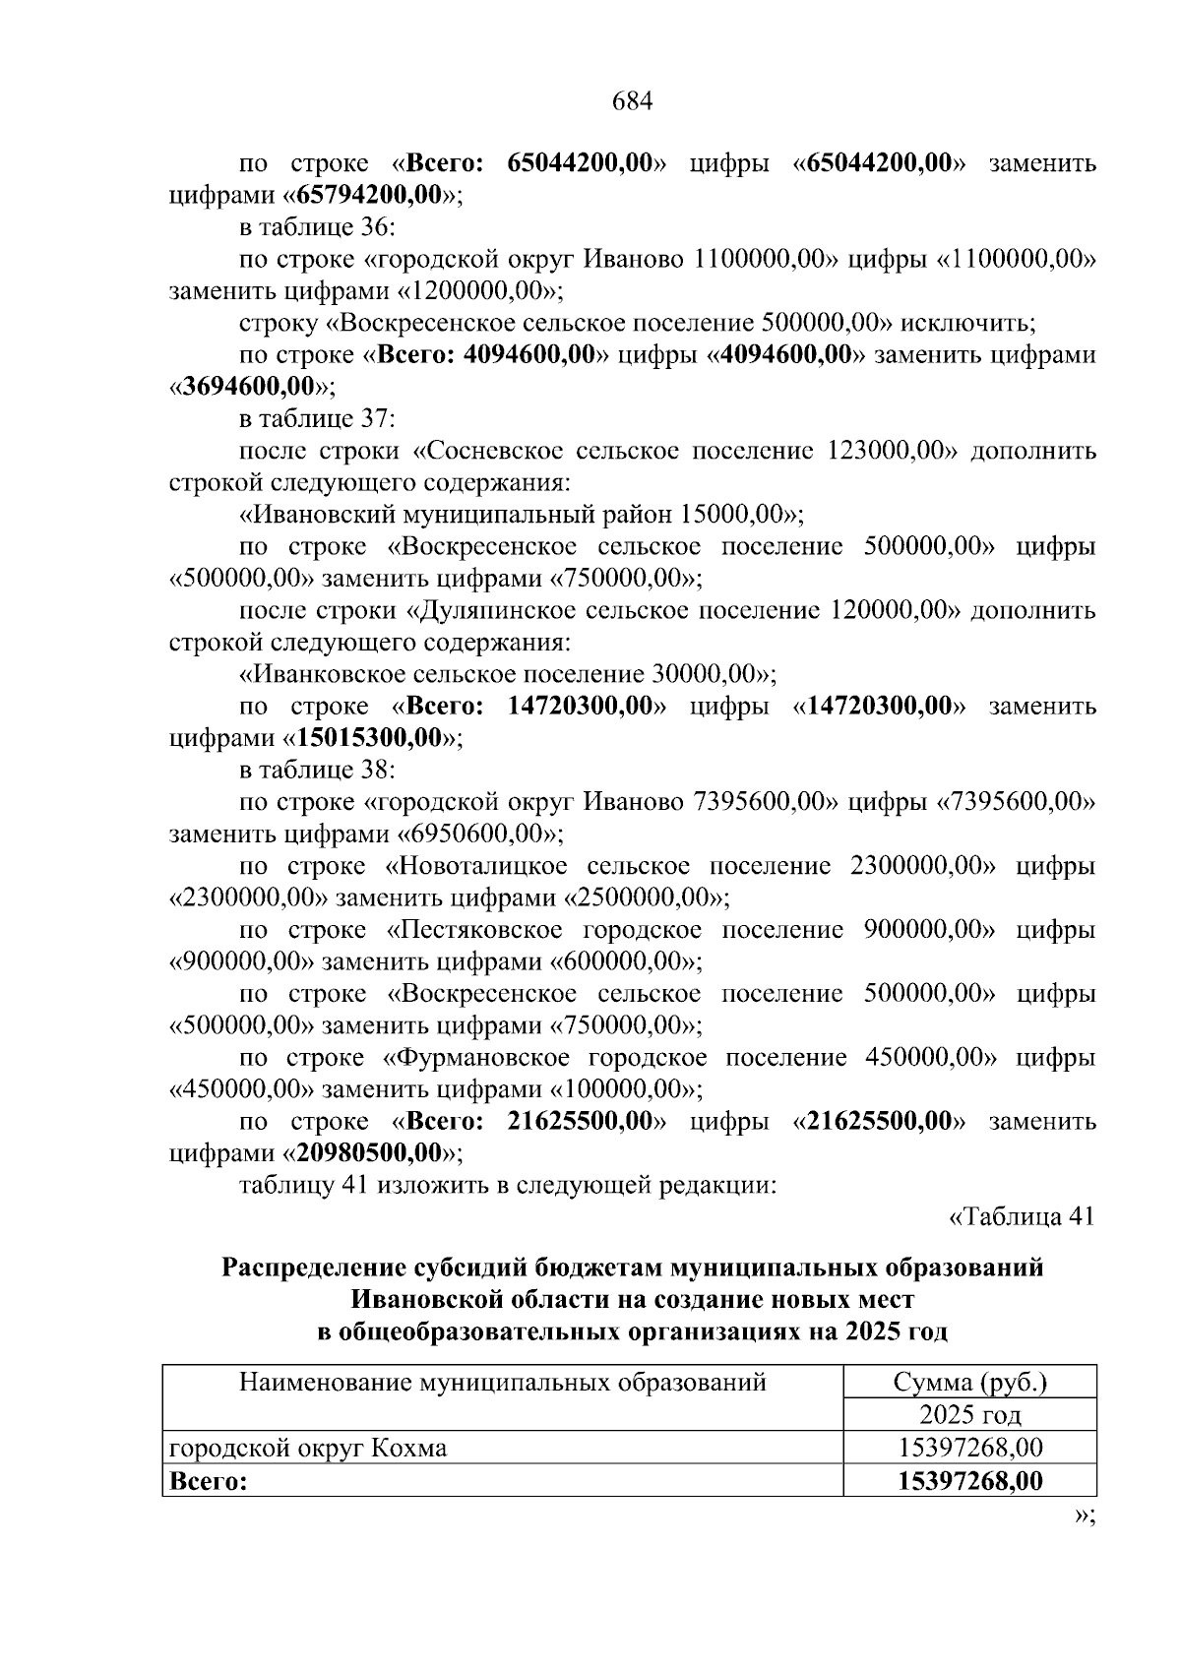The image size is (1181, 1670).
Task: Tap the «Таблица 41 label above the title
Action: click(1021, 1216)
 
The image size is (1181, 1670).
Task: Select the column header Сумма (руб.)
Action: click(969, 1383)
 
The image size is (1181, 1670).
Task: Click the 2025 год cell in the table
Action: click(969, 1415)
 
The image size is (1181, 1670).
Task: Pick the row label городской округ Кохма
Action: click(308, 1449)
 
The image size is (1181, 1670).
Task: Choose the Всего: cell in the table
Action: click(209, 1481)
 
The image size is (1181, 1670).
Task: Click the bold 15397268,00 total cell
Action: click(969, 1481)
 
